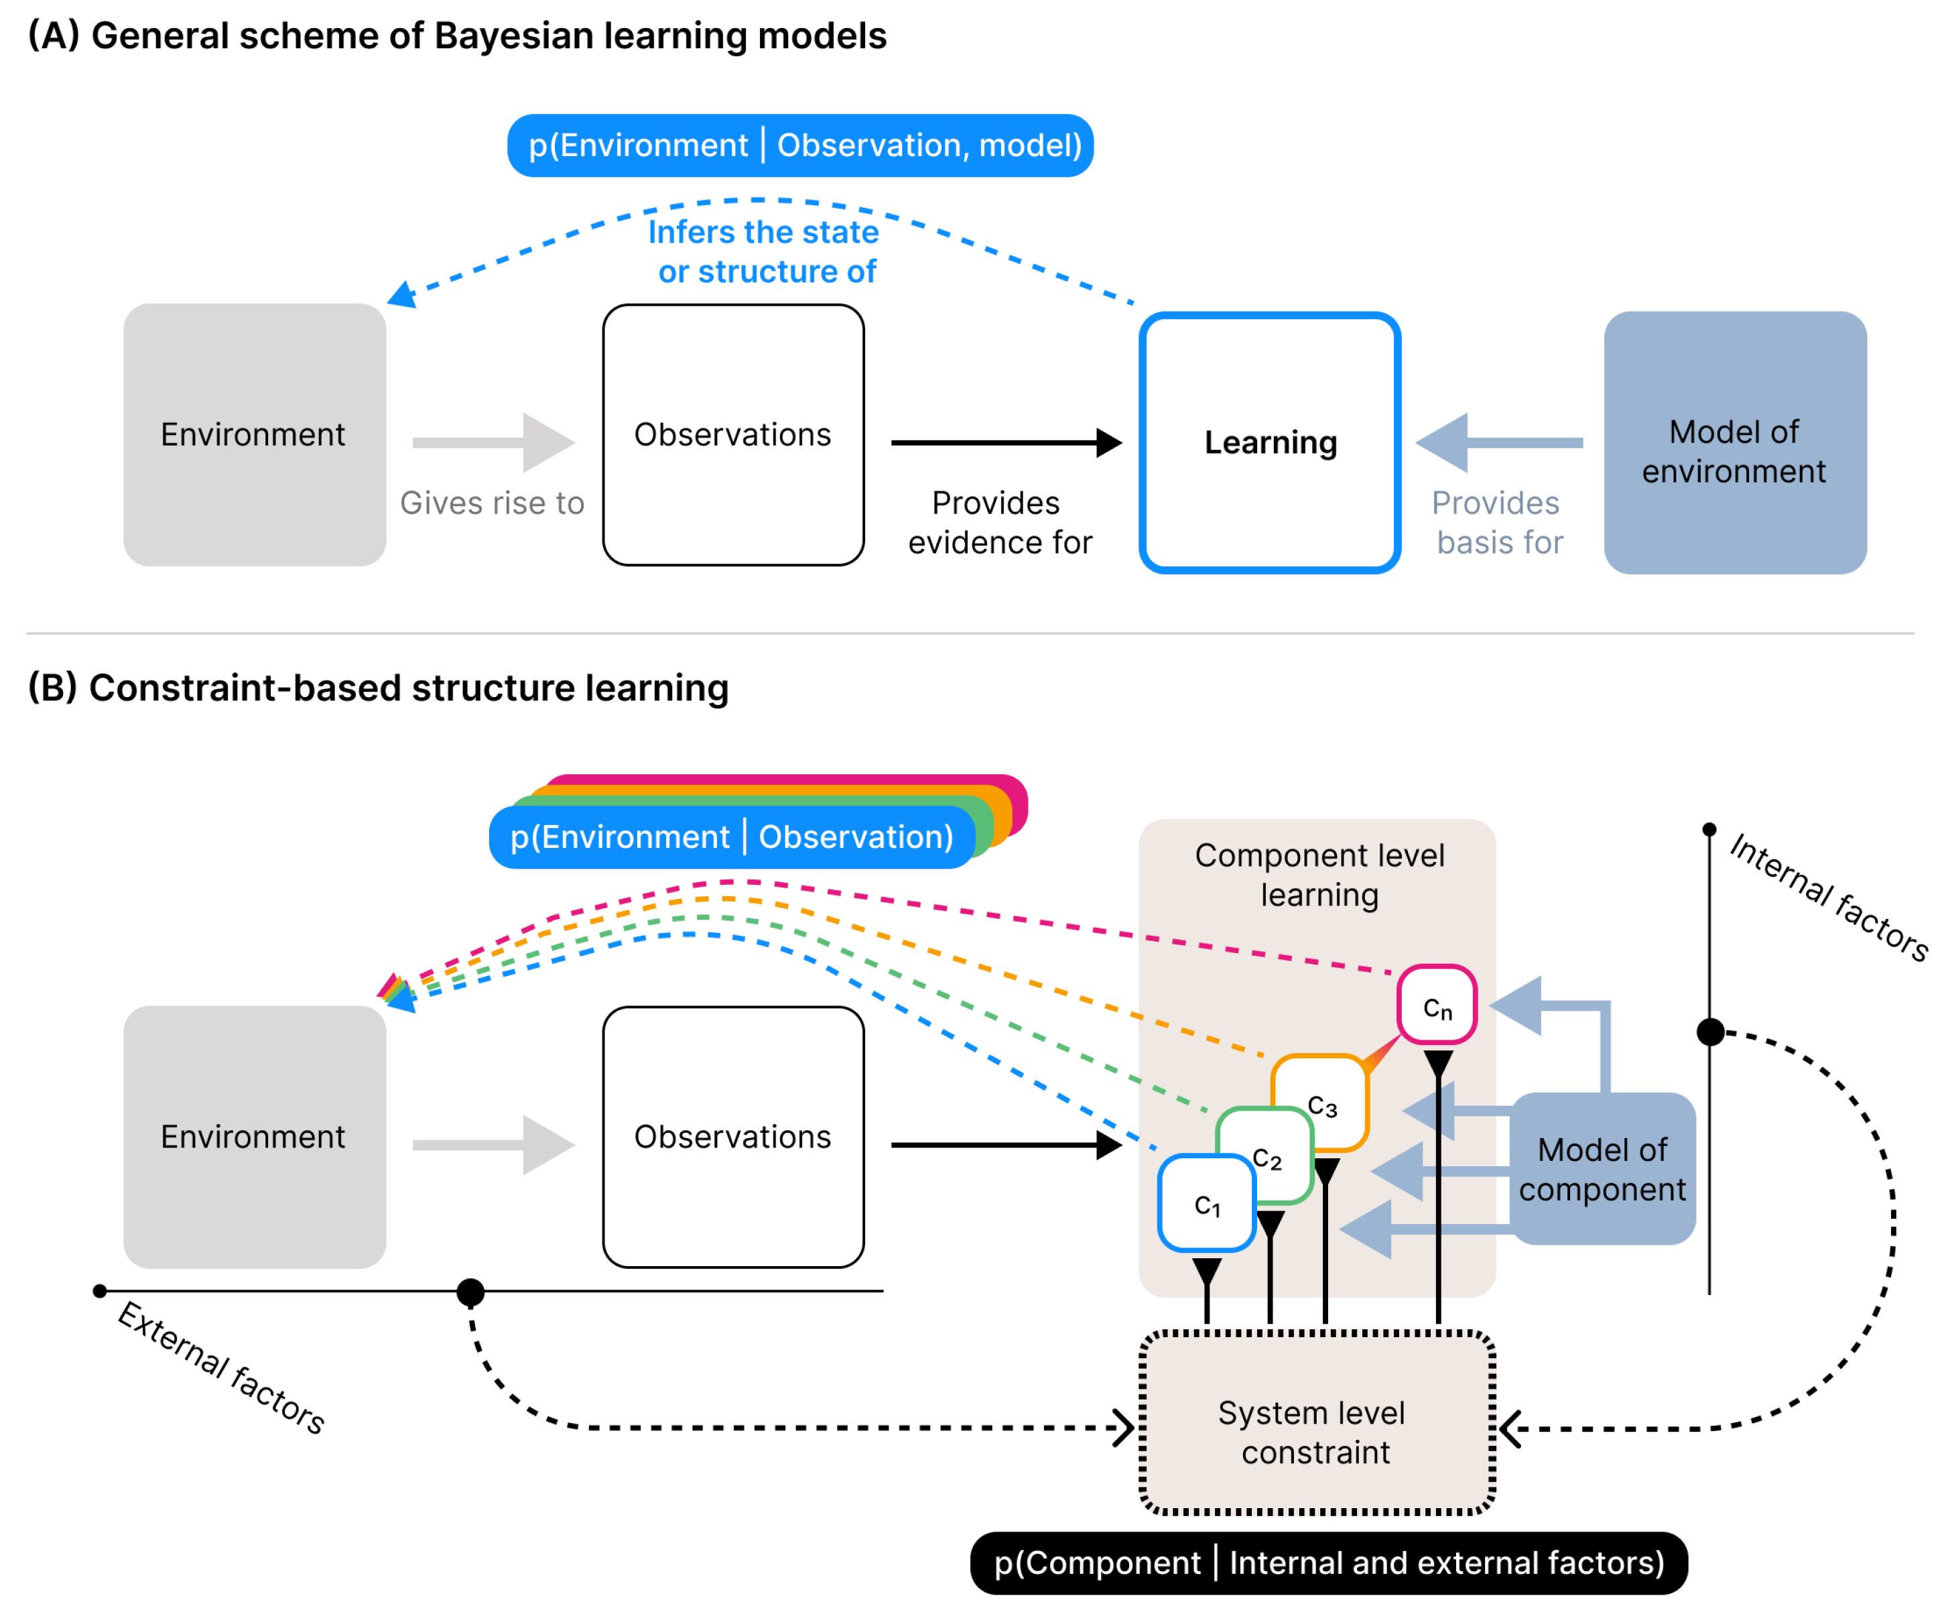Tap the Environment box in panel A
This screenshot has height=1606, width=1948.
pyautogui.click(x=255, y=435)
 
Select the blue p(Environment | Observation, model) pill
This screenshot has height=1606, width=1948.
pyautogui.click(x=800, y=145)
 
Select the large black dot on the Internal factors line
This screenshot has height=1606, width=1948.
pyautogui.click(x=1710, y=1032)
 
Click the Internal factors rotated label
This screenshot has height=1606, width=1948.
pyautogui.click(x=1829, y=898)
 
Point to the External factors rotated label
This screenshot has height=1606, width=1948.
pyautogui.click(x=222, y=1367)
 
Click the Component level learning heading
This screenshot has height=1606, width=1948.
pyautogui.click(x=1319, y=875)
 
